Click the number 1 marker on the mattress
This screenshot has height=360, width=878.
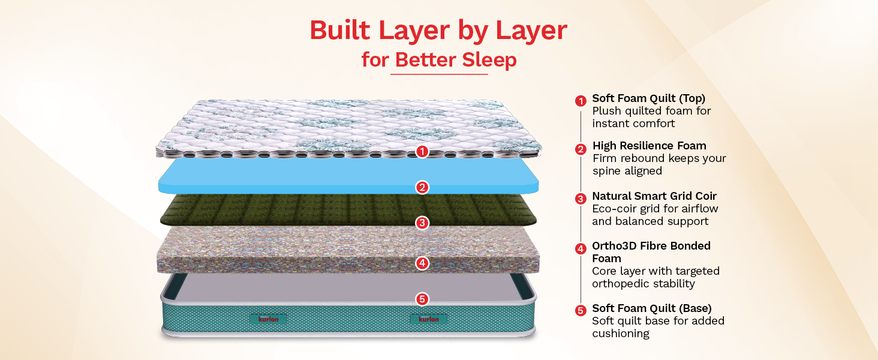[x=422, y=151]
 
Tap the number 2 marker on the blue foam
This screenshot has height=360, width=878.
[x=422, y=187]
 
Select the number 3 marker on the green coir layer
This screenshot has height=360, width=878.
[x=422, y=223]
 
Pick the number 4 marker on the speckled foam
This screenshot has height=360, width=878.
[x=422, y=263]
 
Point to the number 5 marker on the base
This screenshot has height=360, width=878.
[x=422, y=299]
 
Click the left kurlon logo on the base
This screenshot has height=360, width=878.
[x=269, y=319]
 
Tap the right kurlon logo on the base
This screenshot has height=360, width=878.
[x=429, y=319]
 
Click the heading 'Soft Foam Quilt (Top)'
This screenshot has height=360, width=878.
[x=649, y=98]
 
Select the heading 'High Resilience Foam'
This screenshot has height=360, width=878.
[x=650, y=146]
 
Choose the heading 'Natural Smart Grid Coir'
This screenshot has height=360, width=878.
[x=654, y=196]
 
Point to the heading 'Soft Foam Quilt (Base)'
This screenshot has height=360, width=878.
[x=652, y=308]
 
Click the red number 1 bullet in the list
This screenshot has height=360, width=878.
[x=581, y=101]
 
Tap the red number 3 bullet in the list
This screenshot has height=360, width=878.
[x=581, y=199]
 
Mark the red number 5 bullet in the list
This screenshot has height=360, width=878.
[x=581, y=311]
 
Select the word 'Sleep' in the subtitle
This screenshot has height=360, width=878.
[x=489, y=60]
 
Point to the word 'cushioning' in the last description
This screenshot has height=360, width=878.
[x=621, y=334]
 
